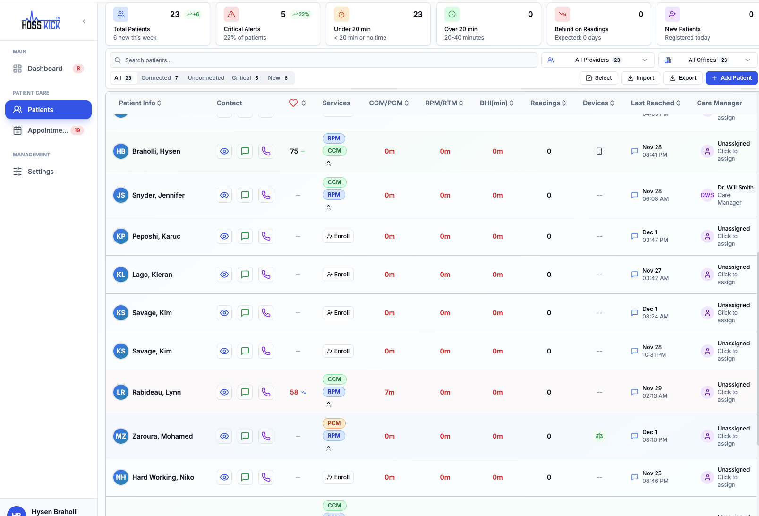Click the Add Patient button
coord(731,78)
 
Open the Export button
coord(682,78)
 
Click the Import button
coord(640,78)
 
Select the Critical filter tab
coord(245,78)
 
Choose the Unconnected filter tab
coord(206,78)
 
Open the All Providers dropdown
coord(597,60)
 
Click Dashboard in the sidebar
coord(45,69)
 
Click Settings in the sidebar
coord(41,172)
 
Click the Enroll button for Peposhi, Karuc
coord(338,236)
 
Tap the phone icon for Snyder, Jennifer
coord(266,195)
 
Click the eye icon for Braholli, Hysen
coord(224,151)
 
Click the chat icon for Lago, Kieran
coord(245,275)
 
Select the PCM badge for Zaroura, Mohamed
coord(334,423)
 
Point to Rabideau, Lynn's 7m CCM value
coord(389,392)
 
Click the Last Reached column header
coord(655,103)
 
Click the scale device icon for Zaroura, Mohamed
coord(599,436)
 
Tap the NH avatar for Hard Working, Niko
coord(121,477)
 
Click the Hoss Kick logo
coord(41,21)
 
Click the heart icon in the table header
coord(293,103)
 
